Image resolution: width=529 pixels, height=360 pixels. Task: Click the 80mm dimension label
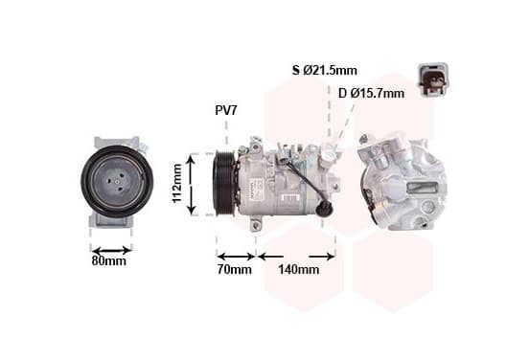108,260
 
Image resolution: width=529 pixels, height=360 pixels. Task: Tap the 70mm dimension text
235,269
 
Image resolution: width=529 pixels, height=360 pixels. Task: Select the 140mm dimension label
299,269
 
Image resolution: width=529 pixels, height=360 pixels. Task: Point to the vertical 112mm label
177,184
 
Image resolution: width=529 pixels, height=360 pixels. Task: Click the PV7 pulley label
226,110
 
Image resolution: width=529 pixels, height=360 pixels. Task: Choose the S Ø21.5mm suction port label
324,70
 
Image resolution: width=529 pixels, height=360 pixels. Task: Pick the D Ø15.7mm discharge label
371,93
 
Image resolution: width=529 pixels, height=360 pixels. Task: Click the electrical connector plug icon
433,79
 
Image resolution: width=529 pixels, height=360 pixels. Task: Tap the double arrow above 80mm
112,251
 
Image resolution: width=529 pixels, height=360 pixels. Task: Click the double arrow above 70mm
236,257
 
